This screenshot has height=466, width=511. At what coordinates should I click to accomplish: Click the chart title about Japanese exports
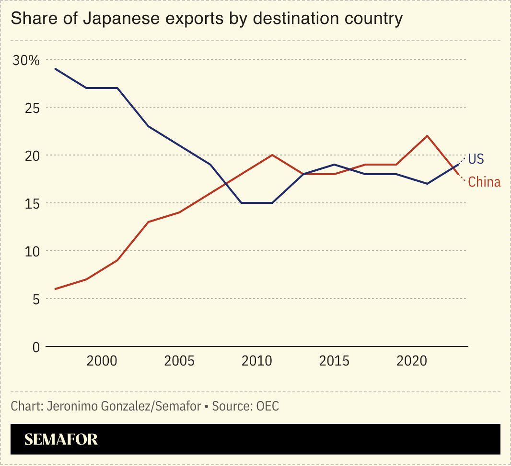click(207, 19)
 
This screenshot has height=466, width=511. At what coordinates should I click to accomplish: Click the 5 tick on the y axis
click(36, 300)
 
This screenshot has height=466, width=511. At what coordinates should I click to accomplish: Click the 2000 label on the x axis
click(102, 361)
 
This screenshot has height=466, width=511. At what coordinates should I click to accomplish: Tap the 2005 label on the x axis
click(179, 361)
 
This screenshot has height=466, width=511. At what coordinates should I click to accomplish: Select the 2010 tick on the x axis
click(257, 361)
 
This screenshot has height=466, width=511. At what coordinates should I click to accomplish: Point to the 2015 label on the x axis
click(335, 361)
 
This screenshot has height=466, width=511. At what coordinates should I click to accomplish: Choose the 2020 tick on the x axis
click(412, 361)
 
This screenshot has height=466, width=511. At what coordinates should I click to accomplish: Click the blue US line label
click(476, 159)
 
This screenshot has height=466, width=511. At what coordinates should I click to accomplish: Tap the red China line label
click(484, 182)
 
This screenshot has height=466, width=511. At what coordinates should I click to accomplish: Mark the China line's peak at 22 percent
click(427, 136)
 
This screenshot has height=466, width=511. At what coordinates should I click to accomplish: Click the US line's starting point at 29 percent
click(56, 69)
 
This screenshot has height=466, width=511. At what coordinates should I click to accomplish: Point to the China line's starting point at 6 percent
click(56, 289)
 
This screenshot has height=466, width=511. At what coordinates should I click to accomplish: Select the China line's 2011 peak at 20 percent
click(272, 155)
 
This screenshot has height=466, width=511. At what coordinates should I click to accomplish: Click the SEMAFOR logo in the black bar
click(61, 439)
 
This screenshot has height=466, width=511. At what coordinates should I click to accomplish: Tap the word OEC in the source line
click(267, 406)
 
